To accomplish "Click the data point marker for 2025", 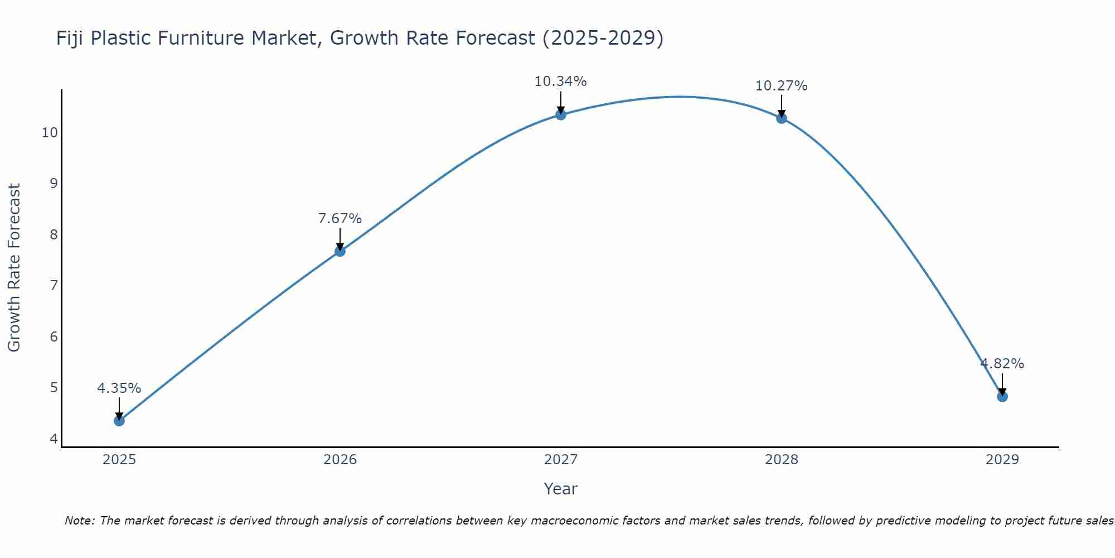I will point(119,421).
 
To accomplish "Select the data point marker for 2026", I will point(340,251).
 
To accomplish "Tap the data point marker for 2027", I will point(561,115).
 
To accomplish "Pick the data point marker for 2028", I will point(782,118).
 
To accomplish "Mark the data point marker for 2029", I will point(1002,397).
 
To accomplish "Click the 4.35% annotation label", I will point(119,388).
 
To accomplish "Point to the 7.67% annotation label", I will point(340,219).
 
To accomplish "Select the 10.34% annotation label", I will point(561,81).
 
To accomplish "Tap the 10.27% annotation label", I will point(782,86).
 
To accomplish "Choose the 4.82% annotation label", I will point(1002,364).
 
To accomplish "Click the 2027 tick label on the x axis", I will point(561,460).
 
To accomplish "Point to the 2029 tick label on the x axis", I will point(1002,460).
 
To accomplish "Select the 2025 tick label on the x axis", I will point(119,460).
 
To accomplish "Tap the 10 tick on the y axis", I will point(50,133).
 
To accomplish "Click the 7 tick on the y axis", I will point(54,286).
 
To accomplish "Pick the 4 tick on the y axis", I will point(54,439).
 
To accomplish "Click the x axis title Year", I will point(561,489).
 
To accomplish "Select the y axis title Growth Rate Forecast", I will point(14,268).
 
